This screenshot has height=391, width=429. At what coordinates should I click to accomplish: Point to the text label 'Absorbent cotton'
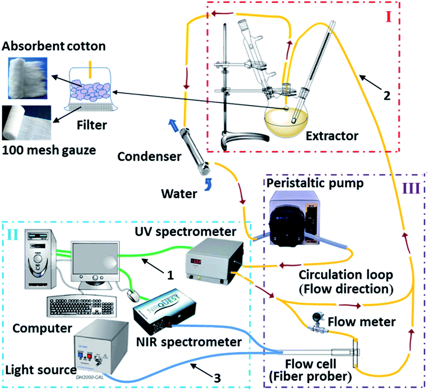(47, 46)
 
